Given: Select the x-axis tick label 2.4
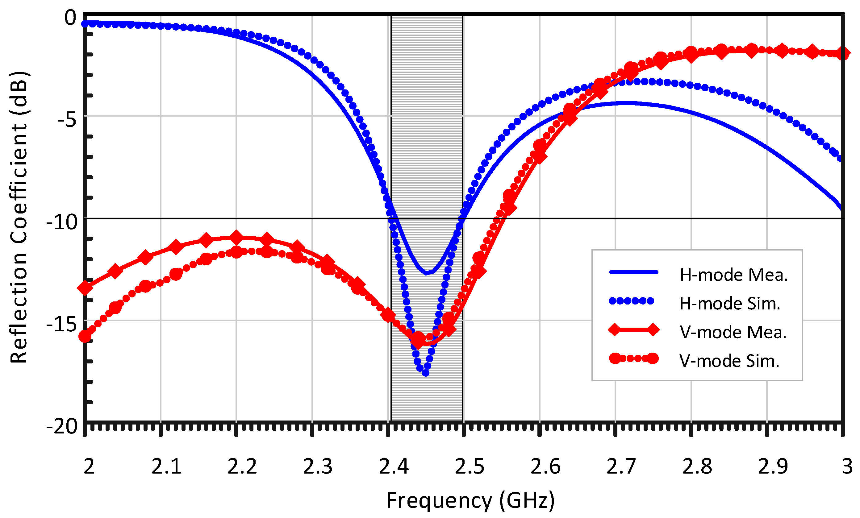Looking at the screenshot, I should (394, 467).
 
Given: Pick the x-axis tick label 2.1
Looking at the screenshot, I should (166, 467).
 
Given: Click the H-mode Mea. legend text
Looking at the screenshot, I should (733, 275).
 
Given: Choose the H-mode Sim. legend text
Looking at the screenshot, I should (729, 304).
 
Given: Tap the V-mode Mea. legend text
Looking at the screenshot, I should (733, 332).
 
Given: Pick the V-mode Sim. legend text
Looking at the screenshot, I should (729, 361).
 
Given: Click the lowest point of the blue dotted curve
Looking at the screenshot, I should (426, 373).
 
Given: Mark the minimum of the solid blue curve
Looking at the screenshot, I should (426, 273).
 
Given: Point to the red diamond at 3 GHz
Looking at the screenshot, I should (842, 54).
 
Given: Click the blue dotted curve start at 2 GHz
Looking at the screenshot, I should (85, 24).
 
